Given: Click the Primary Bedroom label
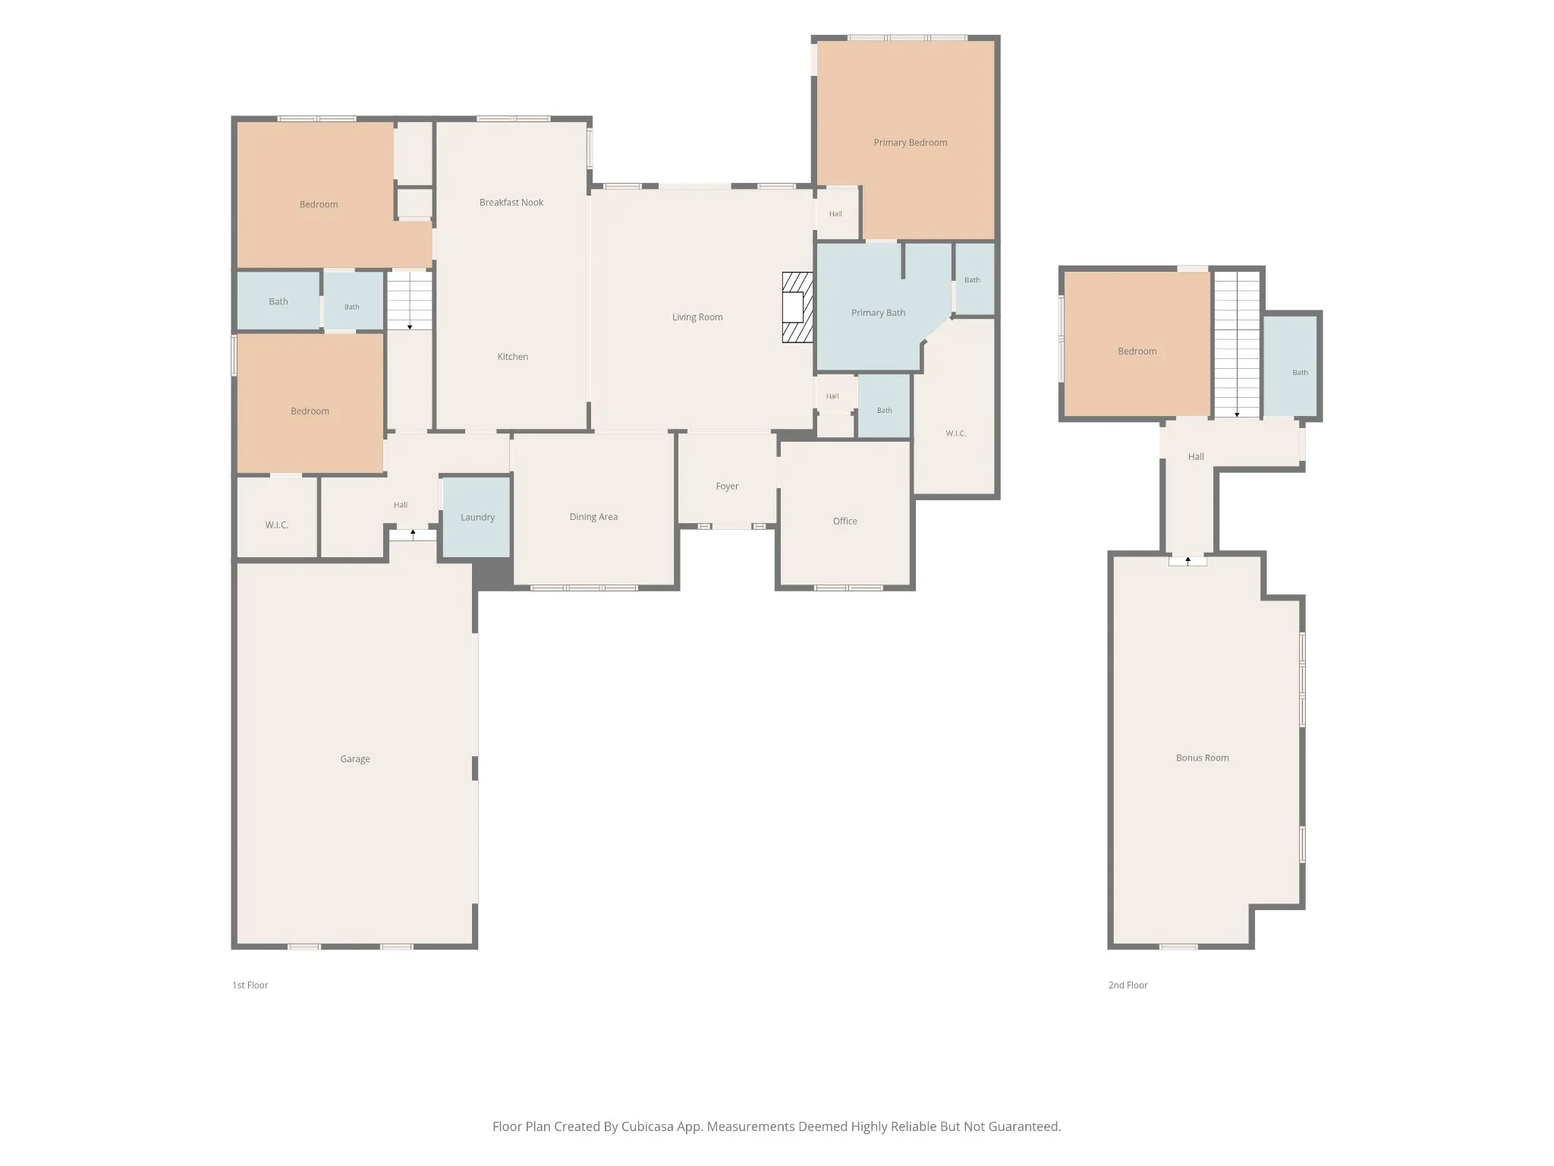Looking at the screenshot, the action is pyautogui.click(x=910, y=143).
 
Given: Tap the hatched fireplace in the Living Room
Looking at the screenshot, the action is pyautogui.click(x=797, y=307).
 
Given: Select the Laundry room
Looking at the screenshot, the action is pyautogui.click(x=477, y=517).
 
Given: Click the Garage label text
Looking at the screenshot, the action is pyautogui.click(x=355, y=759).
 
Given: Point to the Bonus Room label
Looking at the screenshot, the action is pyautogui.click(x=1202, y=758).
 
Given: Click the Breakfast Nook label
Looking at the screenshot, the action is pyautogui.click(x=511, y=203).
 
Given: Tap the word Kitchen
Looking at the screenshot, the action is pyautogui.click(x=513, y=357).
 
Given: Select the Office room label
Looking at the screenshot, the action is pyautogui.click(x=845, y=522).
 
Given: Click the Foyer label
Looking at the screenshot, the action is pyautogui.click(x=727, y=487).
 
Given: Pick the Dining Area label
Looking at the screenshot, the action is pyautogui.click(x=593, y=517).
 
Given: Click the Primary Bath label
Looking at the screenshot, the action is pyautogui.click(x=878, y=313).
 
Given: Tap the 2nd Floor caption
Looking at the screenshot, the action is pyautogui.click(x=1128, y=985).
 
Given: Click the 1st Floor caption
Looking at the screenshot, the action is pyautogui.click(x=250, y=985).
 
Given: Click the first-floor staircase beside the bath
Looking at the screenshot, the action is pyautogui.click(x=410, y=301).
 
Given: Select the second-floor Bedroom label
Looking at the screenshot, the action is pyautogui.click(x=1137, y=351).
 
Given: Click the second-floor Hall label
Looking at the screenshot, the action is pyautogui.click(x=1196, y=457).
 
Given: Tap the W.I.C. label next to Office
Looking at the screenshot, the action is pyautogui.click(x=955, y=433).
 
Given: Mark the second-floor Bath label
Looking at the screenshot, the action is pyautogui.click(x=1300, y=373).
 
